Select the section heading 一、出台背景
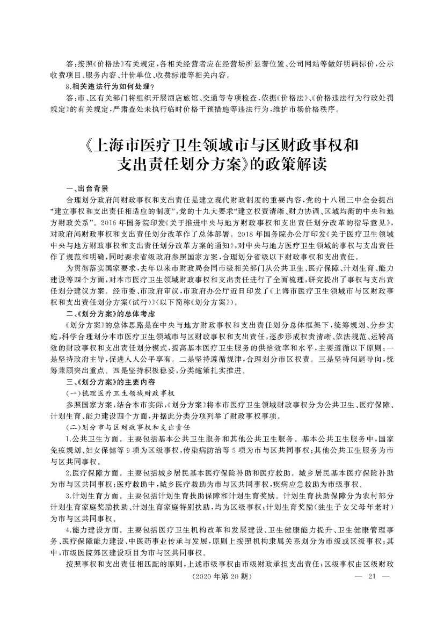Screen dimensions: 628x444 86,188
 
